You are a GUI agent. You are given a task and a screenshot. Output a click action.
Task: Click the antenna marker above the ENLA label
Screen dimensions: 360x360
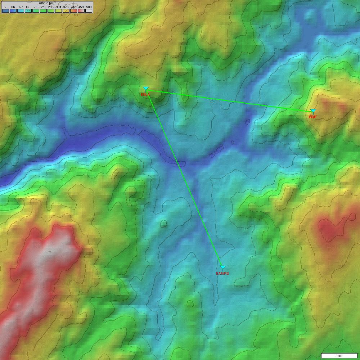[146, 89]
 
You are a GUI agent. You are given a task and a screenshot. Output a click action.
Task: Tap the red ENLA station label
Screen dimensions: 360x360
[145, 95]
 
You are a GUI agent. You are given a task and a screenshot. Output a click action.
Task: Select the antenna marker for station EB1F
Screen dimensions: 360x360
[313, 111]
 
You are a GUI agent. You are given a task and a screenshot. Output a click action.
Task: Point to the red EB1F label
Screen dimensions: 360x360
[313, 117]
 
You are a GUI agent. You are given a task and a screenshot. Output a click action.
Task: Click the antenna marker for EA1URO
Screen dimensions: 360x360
[223, 268]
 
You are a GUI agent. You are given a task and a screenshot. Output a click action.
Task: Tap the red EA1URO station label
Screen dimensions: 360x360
[222, 274]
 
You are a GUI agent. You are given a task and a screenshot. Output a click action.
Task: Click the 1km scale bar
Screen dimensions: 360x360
[339, 356]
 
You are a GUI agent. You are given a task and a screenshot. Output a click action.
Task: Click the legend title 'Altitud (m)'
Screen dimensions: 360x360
[46, 3]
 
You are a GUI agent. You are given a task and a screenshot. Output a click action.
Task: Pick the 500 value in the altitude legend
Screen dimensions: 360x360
[89, 7]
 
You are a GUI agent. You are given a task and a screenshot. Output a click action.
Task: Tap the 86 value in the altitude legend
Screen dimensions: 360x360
[13, 7]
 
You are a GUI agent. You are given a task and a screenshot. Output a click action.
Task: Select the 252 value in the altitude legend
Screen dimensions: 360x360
[43, 7]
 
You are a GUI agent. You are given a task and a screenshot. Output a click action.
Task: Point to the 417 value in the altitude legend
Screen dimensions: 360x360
[73, 7]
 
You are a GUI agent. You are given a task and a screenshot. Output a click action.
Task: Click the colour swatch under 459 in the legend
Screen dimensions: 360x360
[81, 11]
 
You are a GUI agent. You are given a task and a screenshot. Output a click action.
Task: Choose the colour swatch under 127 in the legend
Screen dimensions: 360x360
[21, 11]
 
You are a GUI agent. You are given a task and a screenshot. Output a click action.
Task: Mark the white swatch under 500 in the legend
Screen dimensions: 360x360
[89, 11]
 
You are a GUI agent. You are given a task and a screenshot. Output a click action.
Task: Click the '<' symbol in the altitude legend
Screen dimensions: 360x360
[5, 7]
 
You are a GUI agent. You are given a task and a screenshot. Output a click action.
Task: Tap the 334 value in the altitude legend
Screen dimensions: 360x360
[58, 7]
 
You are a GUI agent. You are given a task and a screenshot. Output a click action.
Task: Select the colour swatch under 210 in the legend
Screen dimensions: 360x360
[36, 11]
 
